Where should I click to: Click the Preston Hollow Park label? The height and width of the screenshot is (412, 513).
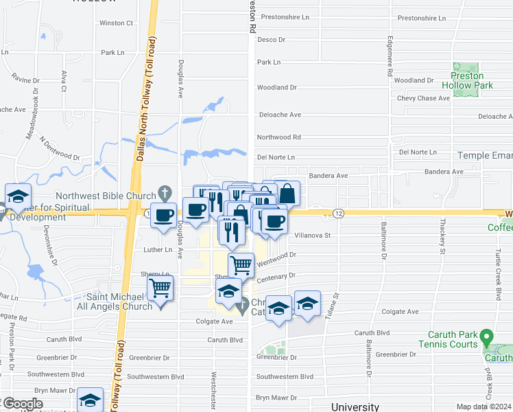click(x=467, y=80)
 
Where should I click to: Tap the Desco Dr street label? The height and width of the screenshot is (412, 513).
click(x=271, y=40)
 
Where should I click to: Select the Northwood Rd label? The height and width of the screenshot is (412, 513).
click(x=278, y=137)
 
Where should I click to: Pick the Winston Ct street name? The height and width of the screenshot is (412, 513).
click(x=116, y=23)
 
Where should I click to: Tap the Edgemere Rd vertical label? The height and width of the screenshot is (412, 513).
click(x=390, y=55)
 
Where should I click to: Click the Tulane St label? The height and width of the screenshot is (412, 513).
click(x=336, y=306)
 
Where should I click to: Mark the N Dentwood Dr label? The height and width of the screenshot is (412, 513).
click(x=60, y=147)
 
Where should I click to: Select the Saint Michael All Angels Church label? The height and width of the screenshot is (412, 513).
click(x=119, y=301)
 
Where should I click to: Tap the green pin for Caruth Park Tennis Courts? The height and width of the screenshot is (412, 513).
click(x=487, y=337)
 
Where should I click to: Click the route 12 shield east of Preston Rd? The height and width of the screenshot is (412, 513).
click(x=339, y=214)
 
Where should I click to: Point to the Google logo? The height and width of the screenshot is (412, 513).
click(x=22, y=404)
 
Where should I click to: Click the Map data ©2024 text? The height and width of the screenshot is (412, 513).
click(x=484, y=407)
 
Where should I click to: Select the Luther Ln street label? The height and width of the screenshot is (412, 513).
click(x=158, y=249)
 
